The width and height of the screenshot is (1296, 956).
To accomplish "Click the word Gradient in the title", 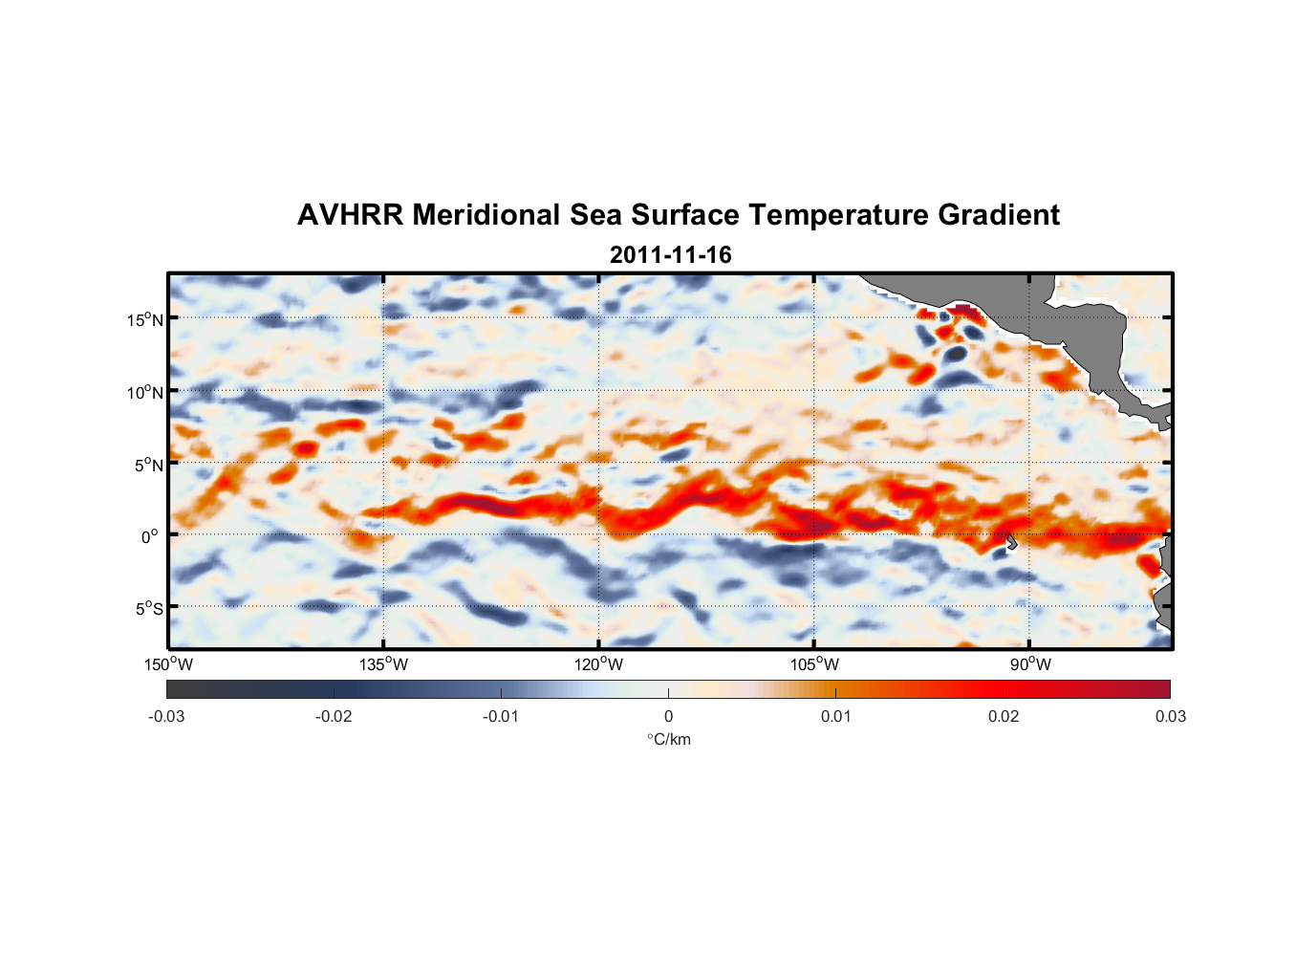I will (999, 215).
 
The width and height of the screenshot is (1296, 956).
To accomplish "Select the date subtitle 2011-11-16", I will (670, 255).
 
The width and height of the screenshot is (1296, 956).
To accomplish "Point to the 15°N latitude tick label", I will (145, 319).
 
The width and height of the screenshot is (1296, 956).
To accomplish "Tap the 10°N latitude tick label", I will (145, 392).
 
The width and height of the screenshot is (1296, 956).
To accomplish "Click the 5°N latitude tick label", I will (148, 465).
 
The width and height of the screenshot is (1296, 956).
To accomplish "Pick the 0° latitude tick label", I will (150, 536).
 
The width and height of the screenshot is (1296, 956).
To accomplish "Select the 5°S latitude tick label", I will (148, 608).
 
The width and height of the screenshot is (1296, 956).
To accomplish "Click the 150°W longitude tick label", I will (168, 664).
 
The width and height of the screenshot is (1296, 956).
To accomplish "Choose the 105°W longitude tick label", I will (814, 664).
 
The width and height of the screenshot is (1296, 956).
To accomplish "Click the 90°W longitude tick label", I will (1030, 664).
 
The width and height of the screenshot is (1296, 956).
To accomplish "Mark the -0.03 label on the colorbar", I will (166, 716).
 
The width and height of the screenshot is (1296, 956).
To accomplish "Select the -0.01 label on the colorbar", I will (501, 716).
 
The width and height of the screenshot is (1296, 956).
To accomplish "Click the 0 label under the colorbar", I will (668, 716).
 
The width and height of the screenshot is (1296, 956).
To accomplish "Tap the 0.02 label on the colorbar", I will (1004, 716).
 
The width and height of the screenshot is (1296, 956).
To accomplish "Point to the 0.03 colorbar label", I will (1170, 716).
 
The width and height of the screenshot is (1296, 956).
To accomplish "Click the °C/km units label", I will (668, 739).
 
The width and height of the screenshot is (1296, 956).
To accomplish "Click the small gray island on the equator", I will (1010, 541).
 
